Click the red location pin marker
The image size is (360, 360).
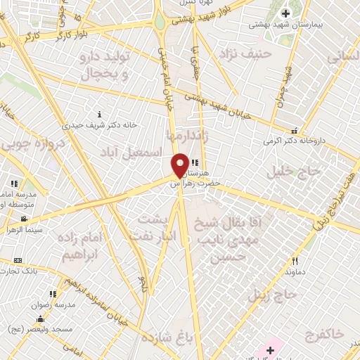[x=180, y=165]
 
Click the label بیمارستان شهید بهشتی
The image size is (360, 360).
[x=284, y=25]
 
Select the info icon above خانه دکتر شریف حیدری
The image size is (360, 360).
[x=100, y=114]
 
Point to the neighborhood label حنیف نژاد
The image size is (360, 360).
[x=245, y=53]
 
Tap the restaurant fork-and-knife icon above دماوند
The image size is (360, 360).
[x=295, y=261]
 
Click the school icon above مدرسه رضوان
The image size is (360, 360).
[x=53, y=295]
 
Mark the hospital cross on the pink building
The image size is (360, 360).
[x=271, y=349]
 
